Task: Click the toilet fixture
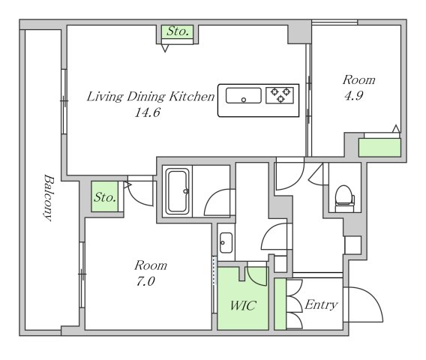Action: point(344,199)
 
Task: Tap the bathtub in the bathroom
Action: point(178,191)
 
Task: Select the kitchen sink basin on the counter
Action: point(244,95)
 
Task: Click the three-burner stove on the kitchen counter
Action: point(280,95)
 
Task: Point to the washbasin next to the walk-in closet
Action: point(226,243)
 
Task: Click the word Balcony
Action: point(49,197)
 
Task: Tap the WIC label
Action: point(243,306)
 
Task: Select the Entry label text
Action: point(321,305)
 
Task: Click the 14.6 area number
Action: point(148,112)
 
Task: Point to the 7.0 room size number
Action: point(145,281)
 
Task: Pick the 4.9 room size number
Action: point(353,96)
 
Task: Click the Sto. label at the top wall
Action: point(178,31)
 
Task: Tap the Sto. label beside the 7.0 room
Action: point(105,197)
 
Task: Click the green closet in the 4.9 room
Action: point(379,148)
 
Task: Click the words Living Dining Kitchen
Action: point(151,97)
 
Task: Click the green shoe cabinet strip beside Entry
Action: point(280,304)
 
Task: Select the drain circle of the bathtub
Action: point(186,191)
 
